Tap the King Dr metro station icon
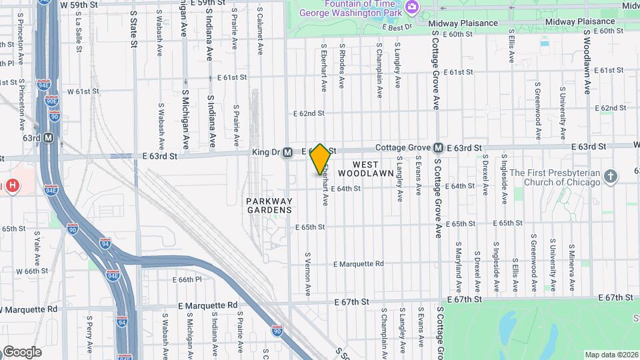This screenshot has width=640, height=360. [x=287, y=152]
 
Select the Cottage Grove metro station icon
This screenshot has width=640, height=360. [x=438, y=147]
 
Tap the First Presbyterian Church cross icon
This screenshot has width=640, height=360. [x=610, y=177]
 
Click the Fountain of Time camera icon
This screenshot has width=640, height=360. [x=412, y=7]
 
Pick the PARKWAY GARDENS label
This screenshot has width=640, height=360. [x=269, y=205]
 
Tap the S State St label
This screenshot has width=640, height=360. [x=133, y=29]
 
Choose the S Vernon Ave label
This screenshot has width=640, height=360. [x=308, y=273]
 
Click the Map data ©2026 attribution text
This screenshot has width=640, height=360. [x=611, y=354]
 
